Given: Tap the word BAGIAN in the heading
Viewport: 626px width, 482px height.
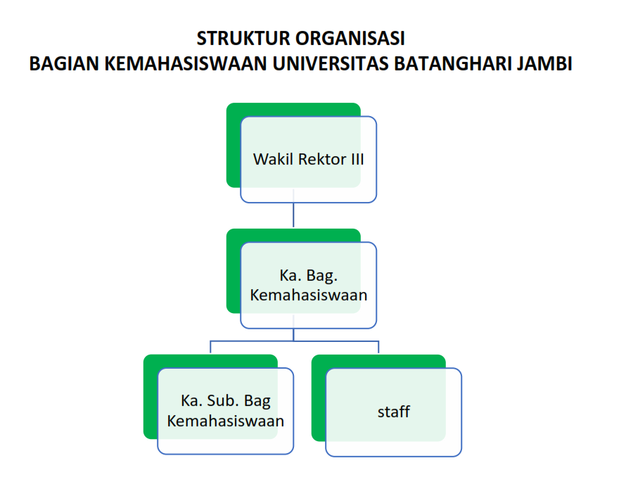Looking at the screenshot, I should (x=63, y=64).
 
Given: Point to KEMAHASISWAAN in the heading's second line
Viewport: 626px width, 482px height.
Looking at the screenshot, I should (x=185, y=64).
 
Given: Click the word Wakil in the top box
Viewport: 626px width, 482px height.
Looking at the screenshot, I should (x=274, y=159).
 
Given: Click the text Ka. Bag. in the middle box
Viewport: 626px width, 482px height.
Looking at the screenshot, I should (x=309, y=276).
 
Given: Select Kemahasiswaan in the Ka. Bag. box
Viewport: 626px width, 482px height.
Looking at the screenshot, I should (x=309, y=295).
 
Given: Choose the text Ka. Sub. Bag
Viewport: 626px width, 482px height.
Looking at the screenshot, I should (x=226, y=402).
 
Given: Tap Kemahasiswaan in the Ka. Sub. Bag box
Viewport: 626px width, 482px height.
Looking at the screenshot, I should (x=226, y=421).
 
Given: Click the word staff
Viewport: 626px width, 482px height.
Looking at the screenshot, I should (x=394, y=412).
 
